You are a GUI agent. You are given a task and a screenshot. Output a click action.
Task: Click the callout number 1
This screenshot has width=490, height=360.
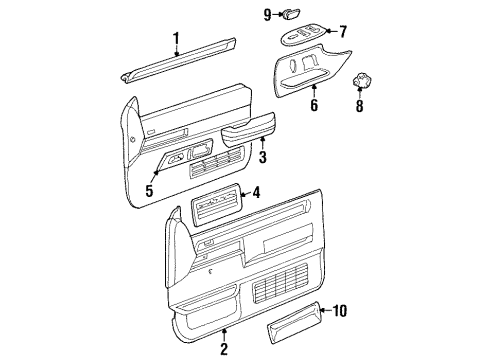pyautogui.click(x=176, y=39)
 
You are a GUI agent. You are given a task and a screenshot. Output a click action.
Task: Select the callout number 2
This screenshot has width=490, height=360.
pyautogui.click(x=224, y=349)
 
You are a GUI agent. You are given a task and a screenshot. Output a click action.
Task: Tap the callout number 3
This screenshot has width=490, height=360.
pyautogui.click(x=262, y=157)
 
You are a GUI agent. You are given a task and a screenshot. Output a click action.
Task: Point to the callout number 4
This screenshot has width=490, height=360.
pyautogui.click(x=256, y=194)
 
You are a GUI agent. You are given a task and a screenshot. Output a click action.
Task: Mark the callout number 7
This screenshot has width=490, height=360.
pyautogui.click(x=342, y=31)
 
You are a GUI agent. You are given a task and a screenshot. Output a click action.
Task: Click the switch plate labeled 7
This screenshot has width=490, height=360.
pyautogui.click(x=302, y=38)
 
